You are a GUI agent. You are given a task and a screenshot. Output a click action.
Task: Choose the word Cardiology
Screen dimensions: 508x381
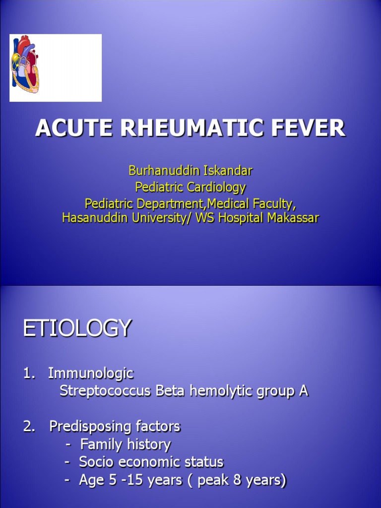(x=217, y=187)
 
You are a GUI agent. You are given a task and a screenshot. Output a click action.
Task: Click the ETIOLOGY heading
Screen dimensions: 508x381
(x=77, y=328)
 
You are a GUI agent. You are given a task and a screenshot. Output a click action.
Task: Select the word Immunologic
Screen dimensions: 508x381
(x=91, y=373)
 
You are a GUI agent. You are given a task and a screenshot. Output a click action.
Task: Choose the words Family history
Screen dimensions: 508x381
(x=126, y=444)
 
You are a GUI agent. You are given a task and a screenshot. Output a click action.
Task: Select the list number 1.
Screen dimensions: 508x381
(x=28, y=373)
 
